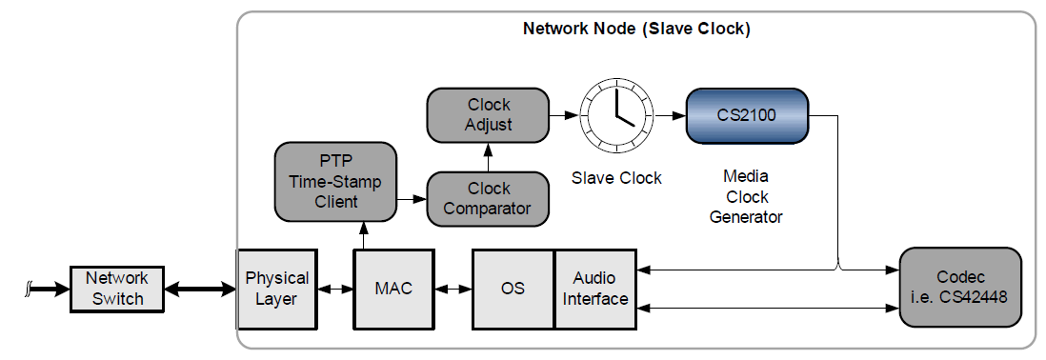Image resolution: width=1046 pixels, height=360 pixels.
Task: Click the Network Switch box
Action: pos(117,289)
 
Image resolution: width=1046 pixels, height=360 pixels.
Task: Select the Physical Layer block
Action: pos(277,289)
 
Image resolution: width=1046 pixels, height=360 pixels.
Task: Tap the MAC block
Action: pos(393,289)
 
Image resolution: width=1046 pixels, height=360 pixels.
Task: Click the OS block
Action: pos(513,289)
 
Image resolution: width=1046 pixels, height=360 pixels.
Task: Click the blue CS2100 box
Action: pos(747,115)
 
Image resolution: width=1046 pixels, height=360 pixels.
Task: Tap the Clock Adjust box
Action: pos(489,115)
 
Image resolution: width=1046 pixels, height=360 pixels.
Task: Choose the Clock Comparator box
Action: pos(489,198)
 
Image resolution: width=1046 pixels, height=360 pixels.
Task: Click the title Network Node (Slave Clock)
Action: pos(636,29)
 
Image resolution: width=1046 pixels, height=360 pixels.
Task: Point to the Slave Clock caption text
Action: pos(616,177)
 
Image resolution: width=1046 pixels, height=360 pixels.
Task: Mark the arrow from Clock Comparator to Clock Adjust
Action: pos(489,156)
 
